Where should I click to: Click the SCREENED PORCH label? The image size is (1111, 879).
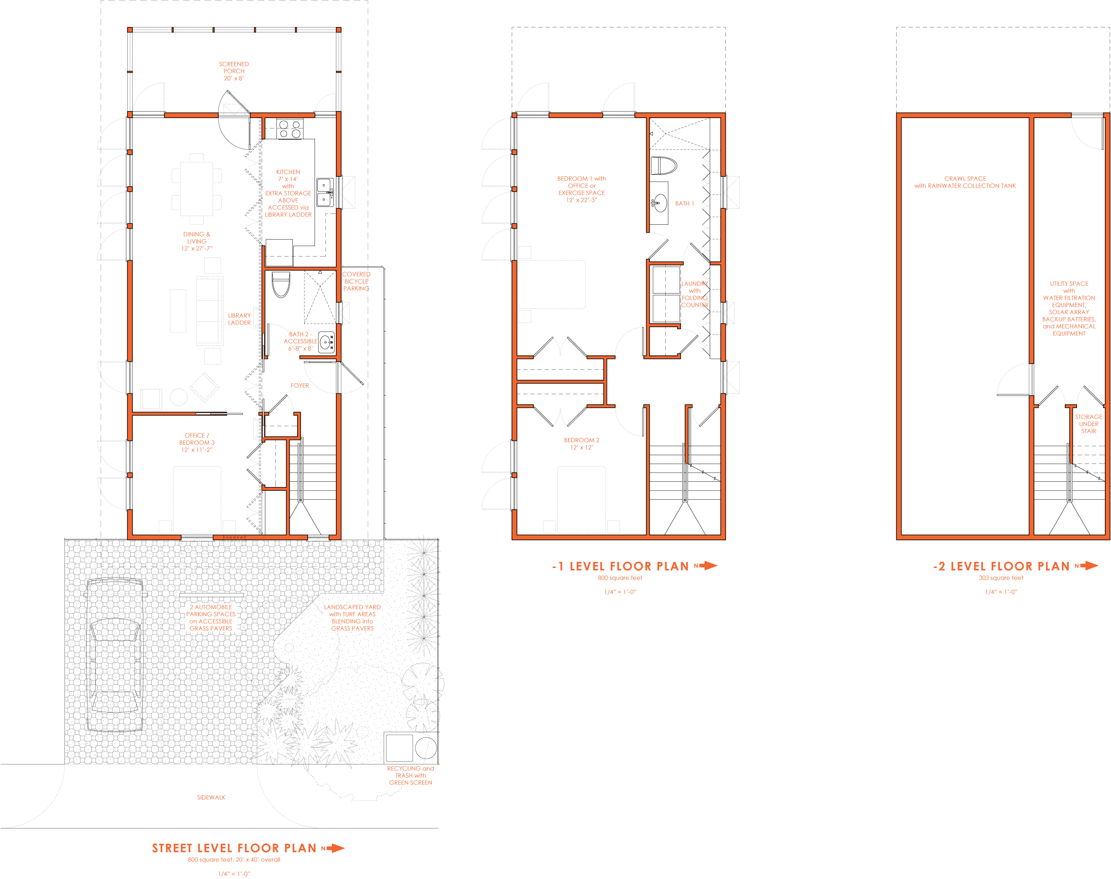point(234,71)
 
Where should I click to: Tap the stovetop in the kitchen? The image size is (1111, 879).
point(290,128)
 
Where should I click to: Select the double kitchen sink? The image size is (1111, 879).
point(324,192)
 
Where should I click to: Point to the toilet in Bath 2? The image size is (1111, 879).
point(281,284)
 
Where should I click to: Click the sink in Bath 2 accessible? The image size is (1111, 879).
point(326,342)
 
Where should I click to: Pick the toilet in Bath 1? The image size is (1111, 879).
point(664,166)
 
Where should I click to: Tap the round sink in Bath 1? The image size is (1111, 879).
point(660,203)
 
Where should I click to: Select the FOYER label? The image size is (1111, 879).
point(300,385)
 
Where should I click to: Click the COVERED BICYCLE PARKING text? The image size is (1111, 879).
point(356,281)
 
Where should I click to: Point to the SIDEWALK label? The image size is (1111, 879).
point(211,797)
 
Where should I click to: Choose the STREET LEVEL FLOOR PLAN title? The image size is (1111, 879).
point(234,848)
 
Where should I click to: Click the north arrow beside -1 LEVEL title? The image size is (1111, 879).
point(706,565)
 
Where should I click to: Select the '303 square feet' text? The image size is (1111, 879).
point(1001,578)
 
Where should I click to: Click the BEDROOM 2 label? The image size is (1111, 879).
point(581,443)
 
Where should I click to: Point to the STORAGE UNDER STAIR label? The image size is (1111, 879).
point(1088,424)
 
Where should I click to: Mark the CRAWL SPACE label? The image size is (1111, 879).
point(965,182)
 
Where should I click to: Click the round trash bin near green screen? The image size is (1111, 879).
point(426,747)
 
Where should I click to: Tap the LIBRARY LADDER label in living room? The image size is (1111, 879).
point(239,319)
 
